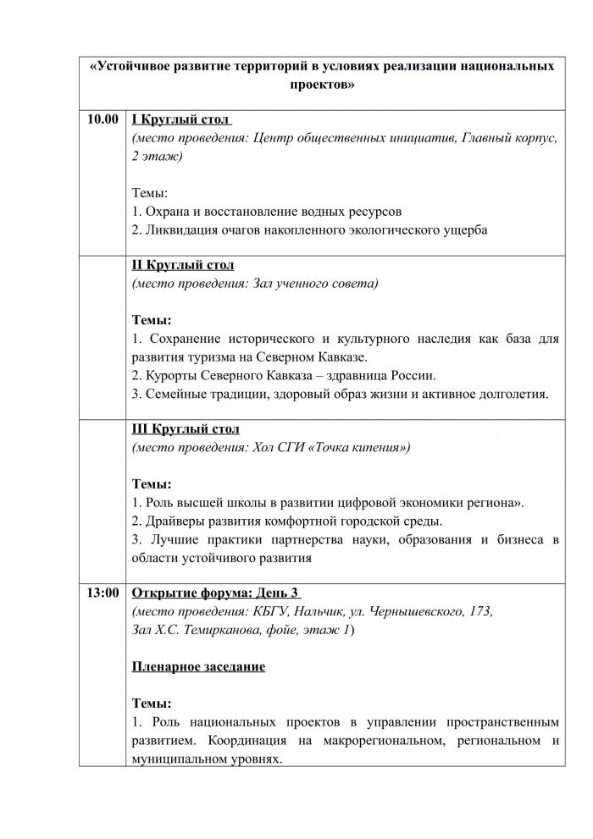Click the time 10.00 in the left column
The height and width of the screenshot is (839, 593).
(102, 120)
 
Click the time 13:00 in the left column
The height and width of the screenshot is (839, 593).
(102, 593)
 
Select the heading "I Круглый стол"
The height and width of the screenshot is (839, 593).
(182, 120)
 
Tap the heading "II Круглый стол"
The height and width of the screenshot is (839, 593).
(184, 265)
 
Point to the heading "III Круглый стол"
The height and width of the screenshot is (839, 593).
(186, 428)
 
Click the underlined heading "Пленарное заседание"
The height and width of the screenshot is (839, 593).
(199, 667)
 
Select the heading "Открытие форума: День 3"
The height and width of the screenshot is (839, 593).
(217, 593)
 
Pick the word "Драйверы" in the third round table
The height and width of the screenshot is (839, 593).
(172, 521)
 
